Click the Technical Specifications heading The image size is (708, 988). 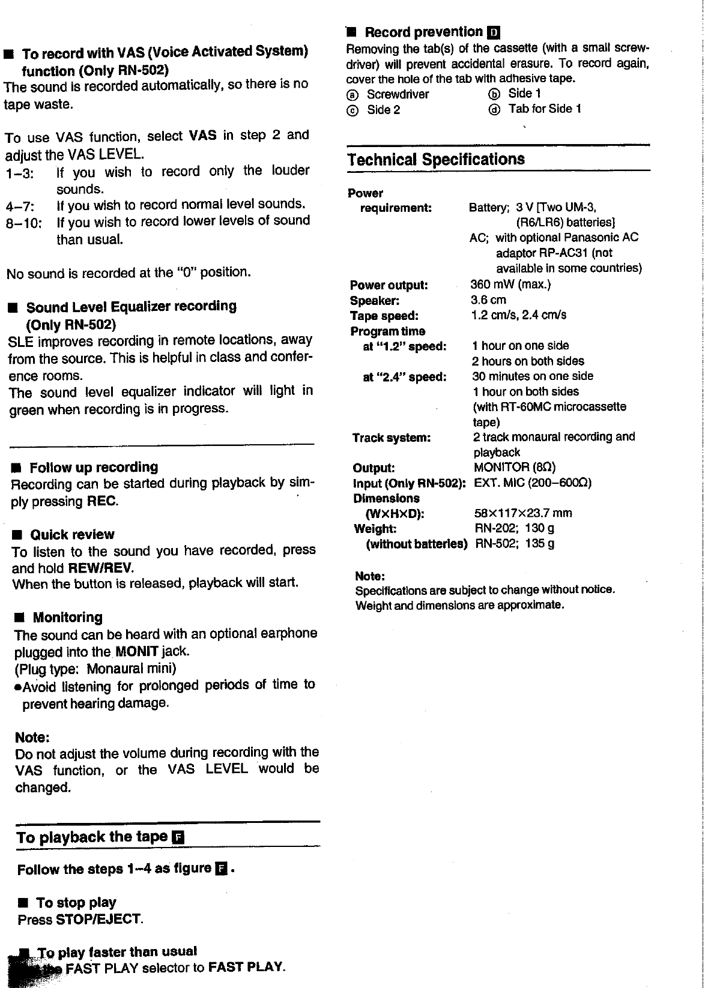click(x=436, y=160)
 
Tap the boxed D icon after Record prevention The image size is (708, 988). click(x=494, y=32)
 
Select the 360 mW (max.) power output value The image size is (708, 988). click(x=510, y=285)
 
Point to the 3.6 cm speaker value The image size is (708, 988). click(x=488, y=300)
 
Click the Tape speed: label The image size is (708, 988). click(x=384, y=316)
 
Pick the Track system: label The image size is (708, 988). click(x=391, y=438)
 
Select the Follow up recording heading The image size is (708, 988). click(x=94, y=468)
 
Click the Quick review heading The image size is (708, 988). click(x=72, y=535)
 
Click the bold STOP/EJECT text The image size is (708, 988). click(x=98, y=920)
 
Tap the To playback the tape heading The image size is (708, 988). click(x=92, y=837)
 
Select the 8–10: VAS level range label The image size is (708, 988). click(x=23, y=223)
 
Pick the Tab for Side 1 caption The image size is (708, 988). click(x=545, y=109)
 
